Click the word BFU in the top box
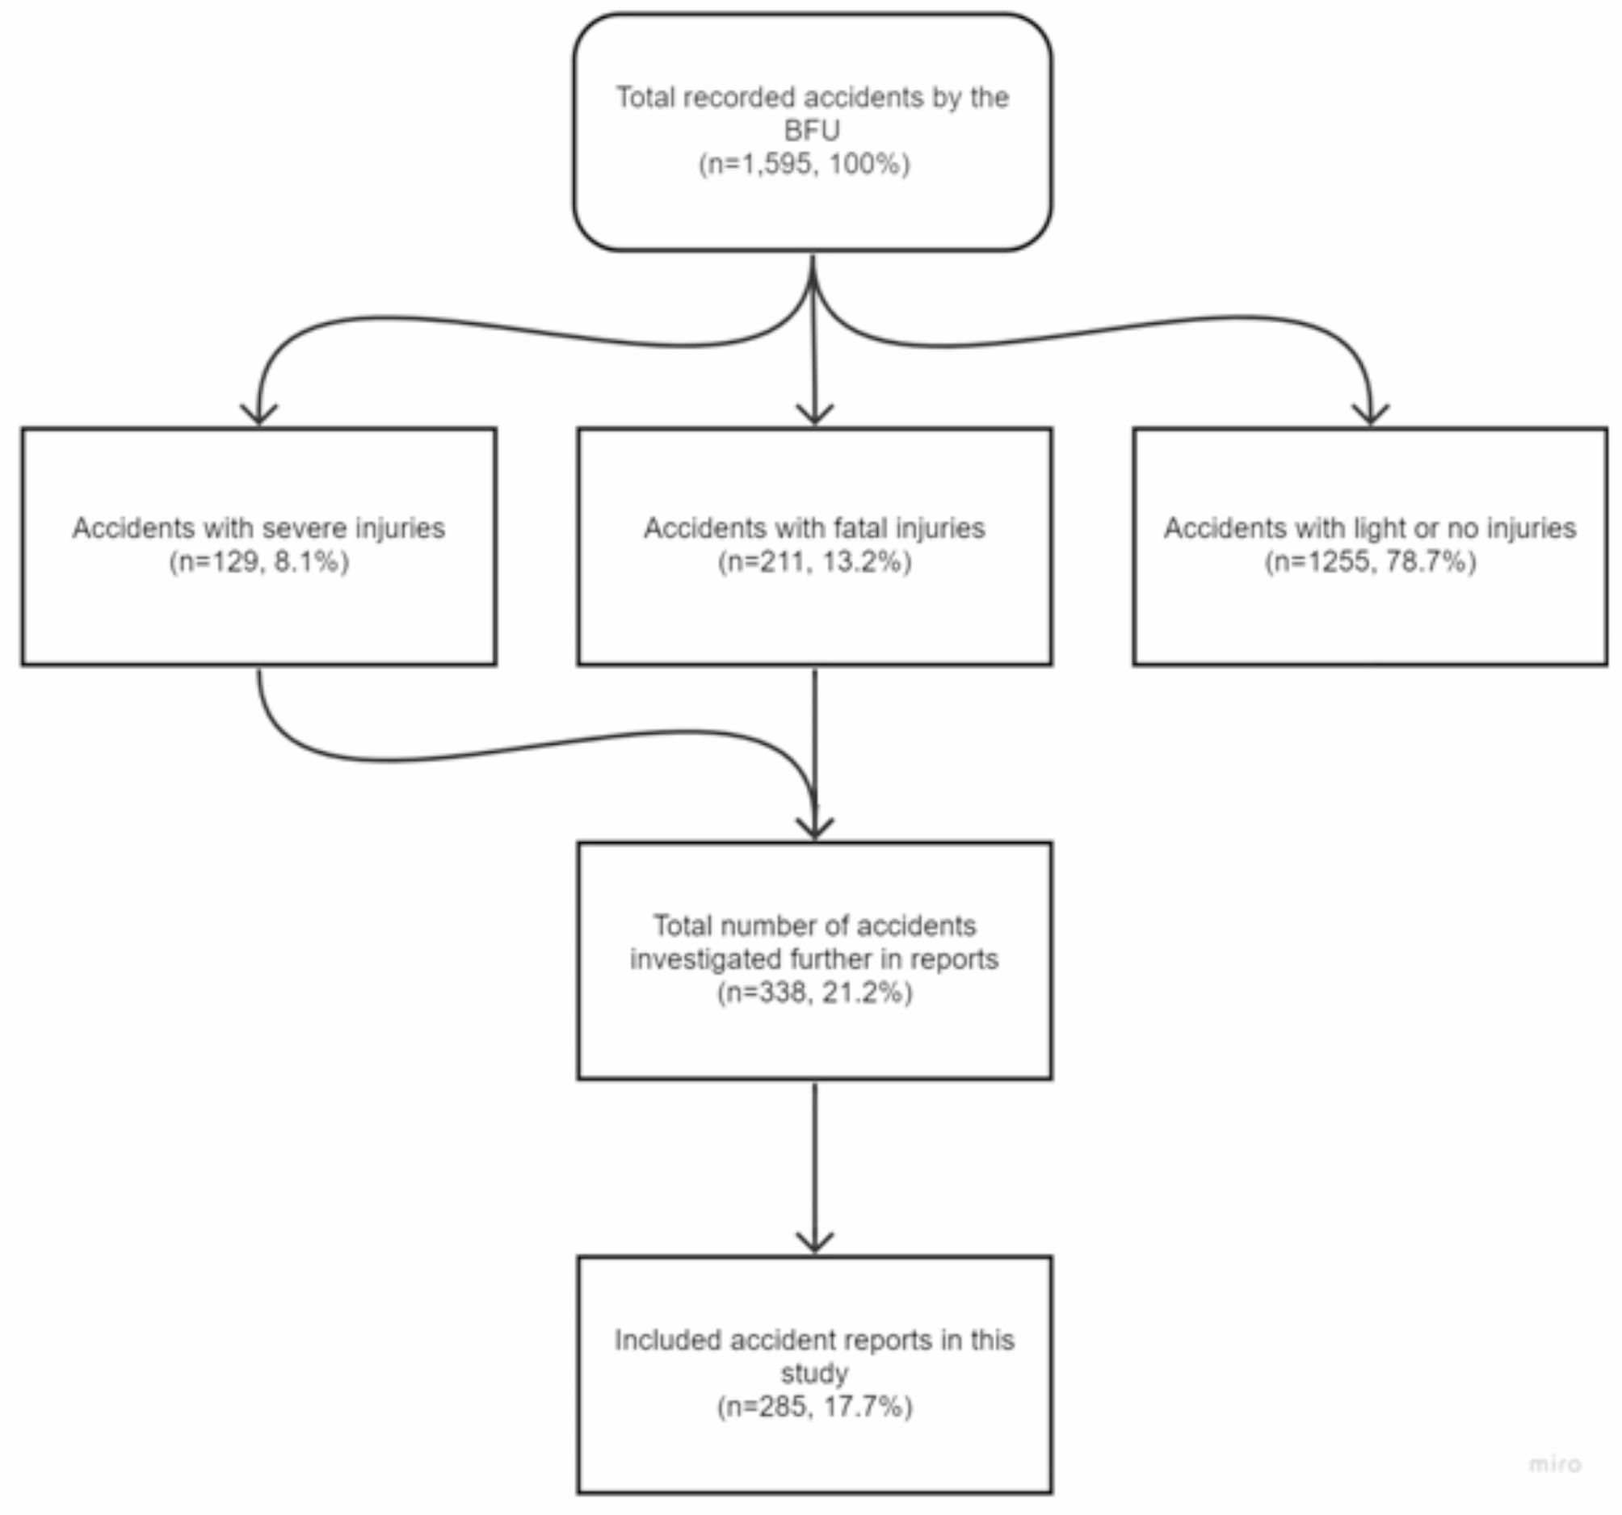pos(811,131)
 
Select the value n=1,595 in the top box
pos(758,164)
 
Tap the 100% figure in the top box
pos(868,164)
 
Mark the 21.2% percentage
pos(867,993)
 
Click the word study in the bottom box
pos(814,1374)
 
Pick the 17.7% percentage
pos(867,1408)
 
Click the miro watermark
pos(1555,1463)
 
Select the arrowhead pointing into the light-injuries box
pos(1371,414)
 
